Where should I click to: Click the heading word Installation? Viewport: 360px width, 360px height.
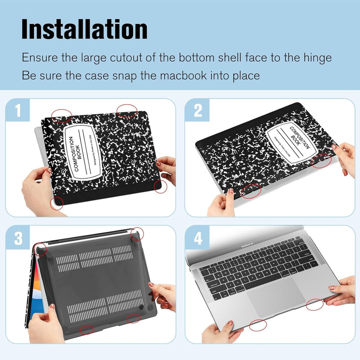click(84, 30)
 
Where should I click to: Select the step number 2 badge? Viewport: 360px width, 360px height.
click(198, 111)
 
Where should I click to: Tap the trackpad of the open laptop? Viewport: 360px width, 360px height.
click(277, 297)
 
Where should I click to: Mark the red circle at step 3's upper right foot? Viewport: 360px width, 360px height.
click(137, 234)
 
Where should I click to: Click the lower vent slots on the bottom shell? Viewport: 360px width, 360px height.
click(105, 304)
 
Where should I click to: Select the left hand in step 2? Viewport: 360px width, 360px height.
click(221, 204)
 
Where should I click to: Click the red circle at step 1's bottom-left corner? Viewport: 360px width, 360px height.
click(56, 203)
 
